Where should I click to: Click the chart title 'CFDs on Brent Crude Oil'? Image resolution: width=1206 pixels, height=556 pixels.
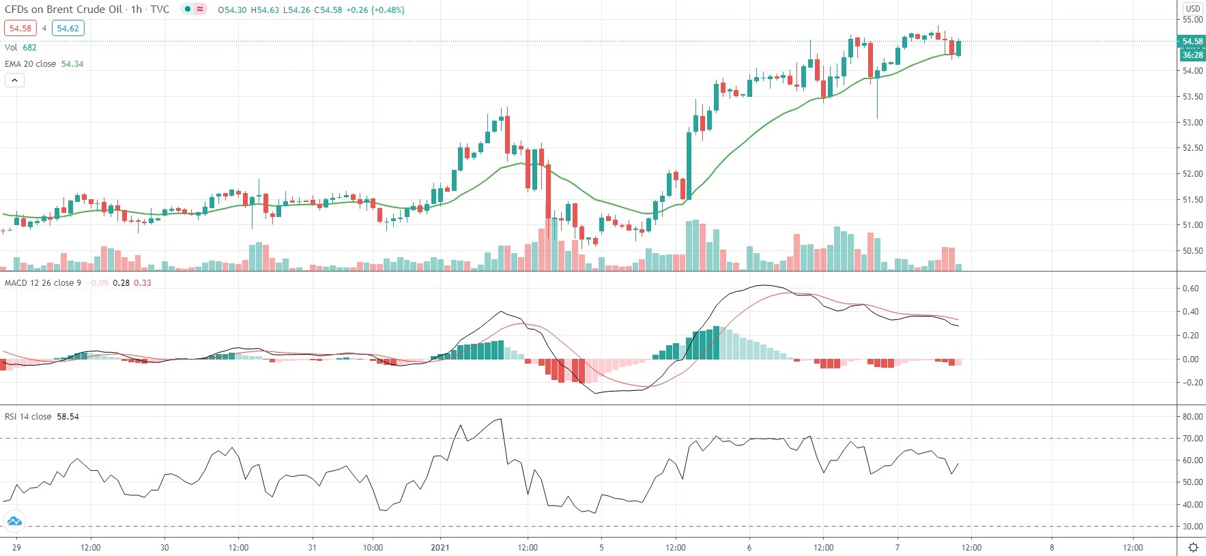(63, 10)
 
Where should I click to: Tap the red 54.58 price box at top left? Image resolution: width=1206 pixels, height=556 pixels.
(20, 29)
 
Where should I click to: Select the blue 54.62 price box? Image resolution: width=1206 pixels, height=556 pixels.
(68, 29)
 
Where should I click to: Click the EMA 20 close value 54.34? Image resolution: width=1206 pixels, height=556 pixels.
(72, 64)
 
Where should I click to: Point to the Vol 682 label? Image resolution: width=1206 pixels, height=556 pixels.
(20, 48)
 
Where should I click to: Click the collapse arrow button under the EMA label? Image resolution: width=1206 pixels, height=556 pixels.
(14, 81)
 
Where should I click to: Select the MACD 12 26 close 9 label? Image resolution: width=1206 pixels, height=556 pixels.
(43, 283)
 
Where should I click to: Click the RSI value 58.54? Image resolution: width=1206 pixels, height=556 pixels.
(68, 417)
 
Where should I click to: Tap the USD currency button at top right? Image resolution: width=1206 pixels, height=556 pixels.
(1192, 8)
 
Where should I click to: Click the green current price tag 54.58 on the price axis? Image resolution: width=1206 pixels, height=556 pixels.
(1192, 42)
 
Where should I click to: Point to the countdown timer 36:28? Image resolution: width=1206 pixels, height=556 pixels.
(1192, 55)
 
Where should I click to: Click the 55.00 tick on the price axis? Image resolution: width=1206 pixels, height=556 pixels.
(1192, 20)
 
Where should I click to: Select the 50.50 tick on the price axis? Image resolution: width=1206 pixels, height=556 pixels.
(1192, 251)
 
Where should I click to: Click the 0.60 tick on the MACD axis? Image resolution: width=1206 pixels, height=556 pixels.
(1190, 289)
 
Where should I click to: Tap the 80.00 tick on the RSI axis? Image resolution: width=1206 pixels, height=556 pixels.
(1192, 417)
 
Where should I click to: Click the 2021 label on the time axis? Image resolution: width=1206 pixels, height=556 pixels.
(440, 548)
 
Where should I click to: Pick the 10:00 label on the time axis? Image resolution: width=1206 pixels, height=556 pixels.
(373, 548)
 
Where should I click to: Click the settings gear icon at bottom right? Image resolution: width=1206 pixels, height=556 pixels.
(1193, 548)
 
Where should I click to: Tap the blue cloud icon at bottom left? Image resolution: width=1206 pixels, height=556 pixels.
(14, 522)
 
